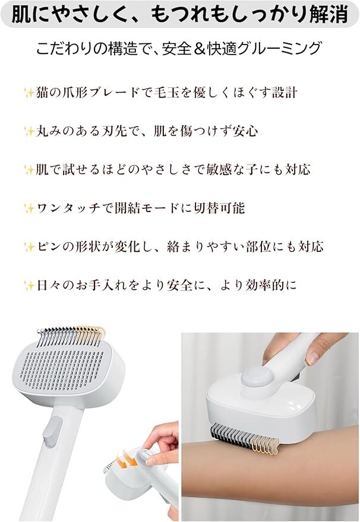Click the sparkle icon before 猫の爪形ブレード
pyautogui.click(x=27, y=93)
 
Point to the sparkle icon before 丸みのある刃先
pyautogui.click(x=27, y=131)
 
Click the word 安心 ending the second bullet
pyautogui.click(x=245, y=131)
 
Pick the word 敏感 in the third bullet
pyautogui.click(x=200, y=170)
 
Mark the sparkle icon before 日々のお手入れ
pyautogui.click(x=27, y=285)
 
